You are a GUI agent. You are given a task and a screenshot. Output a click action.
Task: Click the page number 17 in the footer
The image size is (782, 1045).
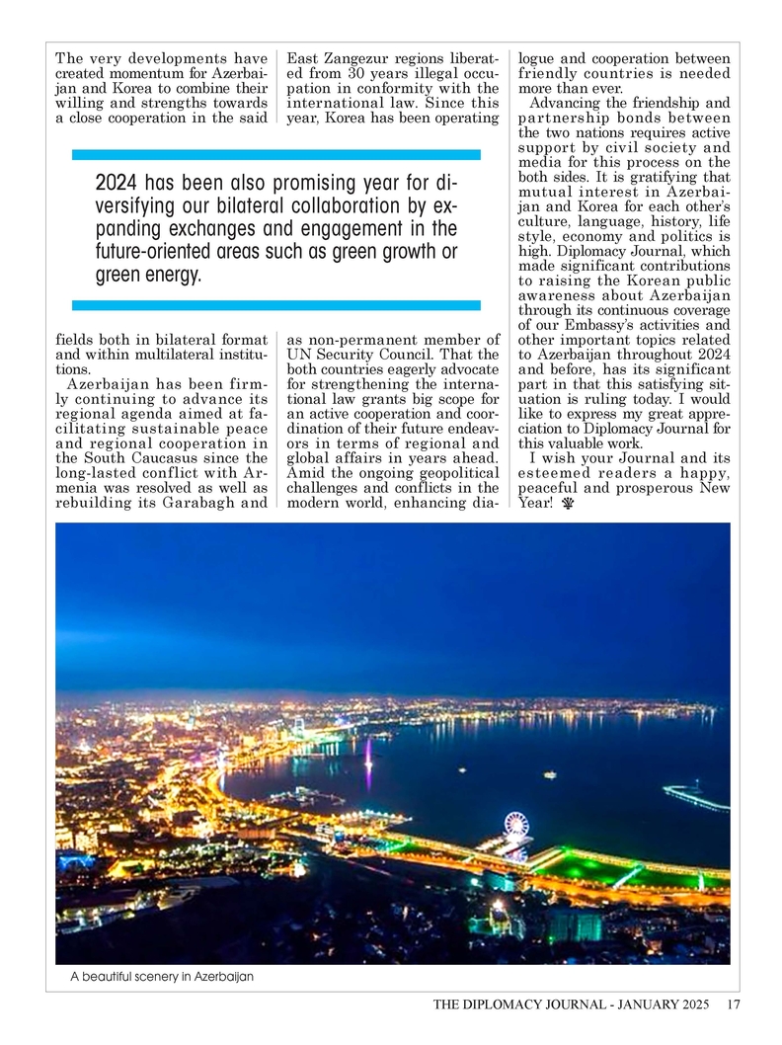733,1005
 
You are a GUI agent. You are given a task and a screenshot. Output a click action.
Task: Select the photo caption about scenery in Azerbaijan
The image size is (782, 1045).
162,977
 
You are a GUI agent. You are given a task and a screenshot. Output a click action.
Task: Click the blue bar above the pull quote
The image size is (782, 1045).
276,154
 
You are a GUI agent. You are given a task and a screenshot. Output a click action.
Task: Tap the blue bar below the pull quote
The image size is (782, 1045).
276,305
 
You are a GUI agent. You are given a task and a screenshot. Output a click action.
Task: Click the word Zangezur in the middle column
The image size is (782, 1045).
357,58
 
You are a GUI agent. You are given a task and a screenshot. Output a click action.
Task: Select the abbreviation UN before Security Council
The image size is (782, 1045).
298,355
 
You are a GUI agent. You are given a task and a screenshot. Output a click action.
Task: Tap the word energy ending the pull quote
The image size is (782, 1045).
171,275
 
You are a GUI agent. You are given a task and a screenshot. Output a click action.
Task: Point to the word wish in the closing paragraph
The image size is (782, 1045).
562,457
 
